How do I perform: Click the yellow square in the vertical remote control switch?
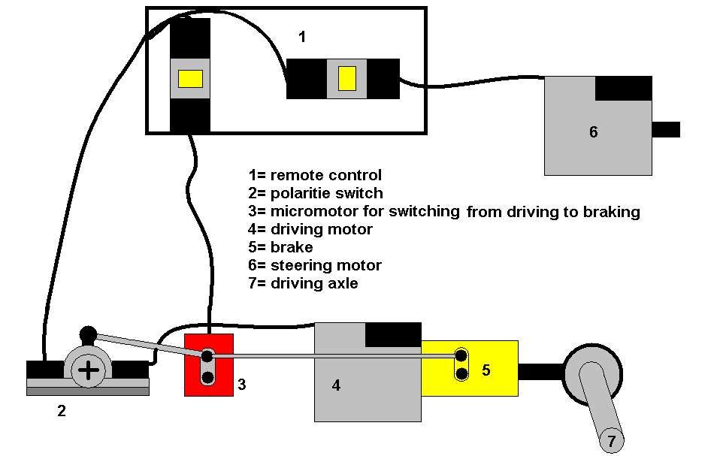click(x=190, y=78)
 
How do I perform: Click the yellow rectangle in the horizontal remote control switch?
click(x=346, y=78)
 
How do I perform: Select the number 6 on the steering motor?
click(x=593, y=132)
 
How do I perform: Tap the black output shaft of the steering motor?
click(x=666, y=129)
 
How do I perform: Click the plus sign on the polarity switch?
click(x=89, y=370)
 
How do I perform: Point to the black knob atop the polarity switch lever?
click(x=88, y=334)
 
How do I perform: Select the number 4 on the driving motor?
click(x=336, y=385)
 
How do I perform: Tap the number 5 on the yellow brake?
click(x=486, y=370)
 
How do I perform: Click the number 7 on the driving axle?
click(x=611, y=441)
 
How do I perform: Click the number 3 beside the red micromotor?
click(x=241, y=385)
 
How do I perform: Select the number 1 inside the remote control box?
click(x=302, y=37)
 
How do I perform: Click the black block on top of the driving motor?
click(x=393, y=334)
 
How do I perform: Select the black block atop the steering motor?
click(x=623, y=88)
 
